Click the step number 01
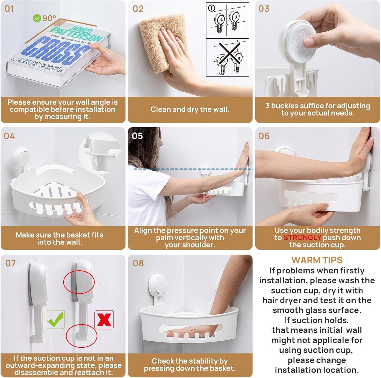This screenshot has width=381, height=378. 9,9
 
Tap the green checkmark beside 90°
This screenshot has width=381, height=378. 37,18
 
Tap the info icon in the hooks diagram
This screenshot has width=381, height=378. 211,8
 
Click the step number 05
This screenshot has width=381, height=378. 137,136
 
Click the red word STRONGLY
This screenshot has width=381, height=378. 302,238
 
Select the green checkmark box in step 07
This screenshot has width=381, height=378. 55,319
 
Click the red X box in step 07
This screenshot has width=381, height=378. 104,320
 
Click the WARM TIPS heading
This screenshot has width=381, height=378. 317,260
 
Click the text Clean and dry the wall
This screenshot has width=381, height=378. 190,110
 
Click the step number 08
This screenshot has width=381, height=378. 138,263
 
